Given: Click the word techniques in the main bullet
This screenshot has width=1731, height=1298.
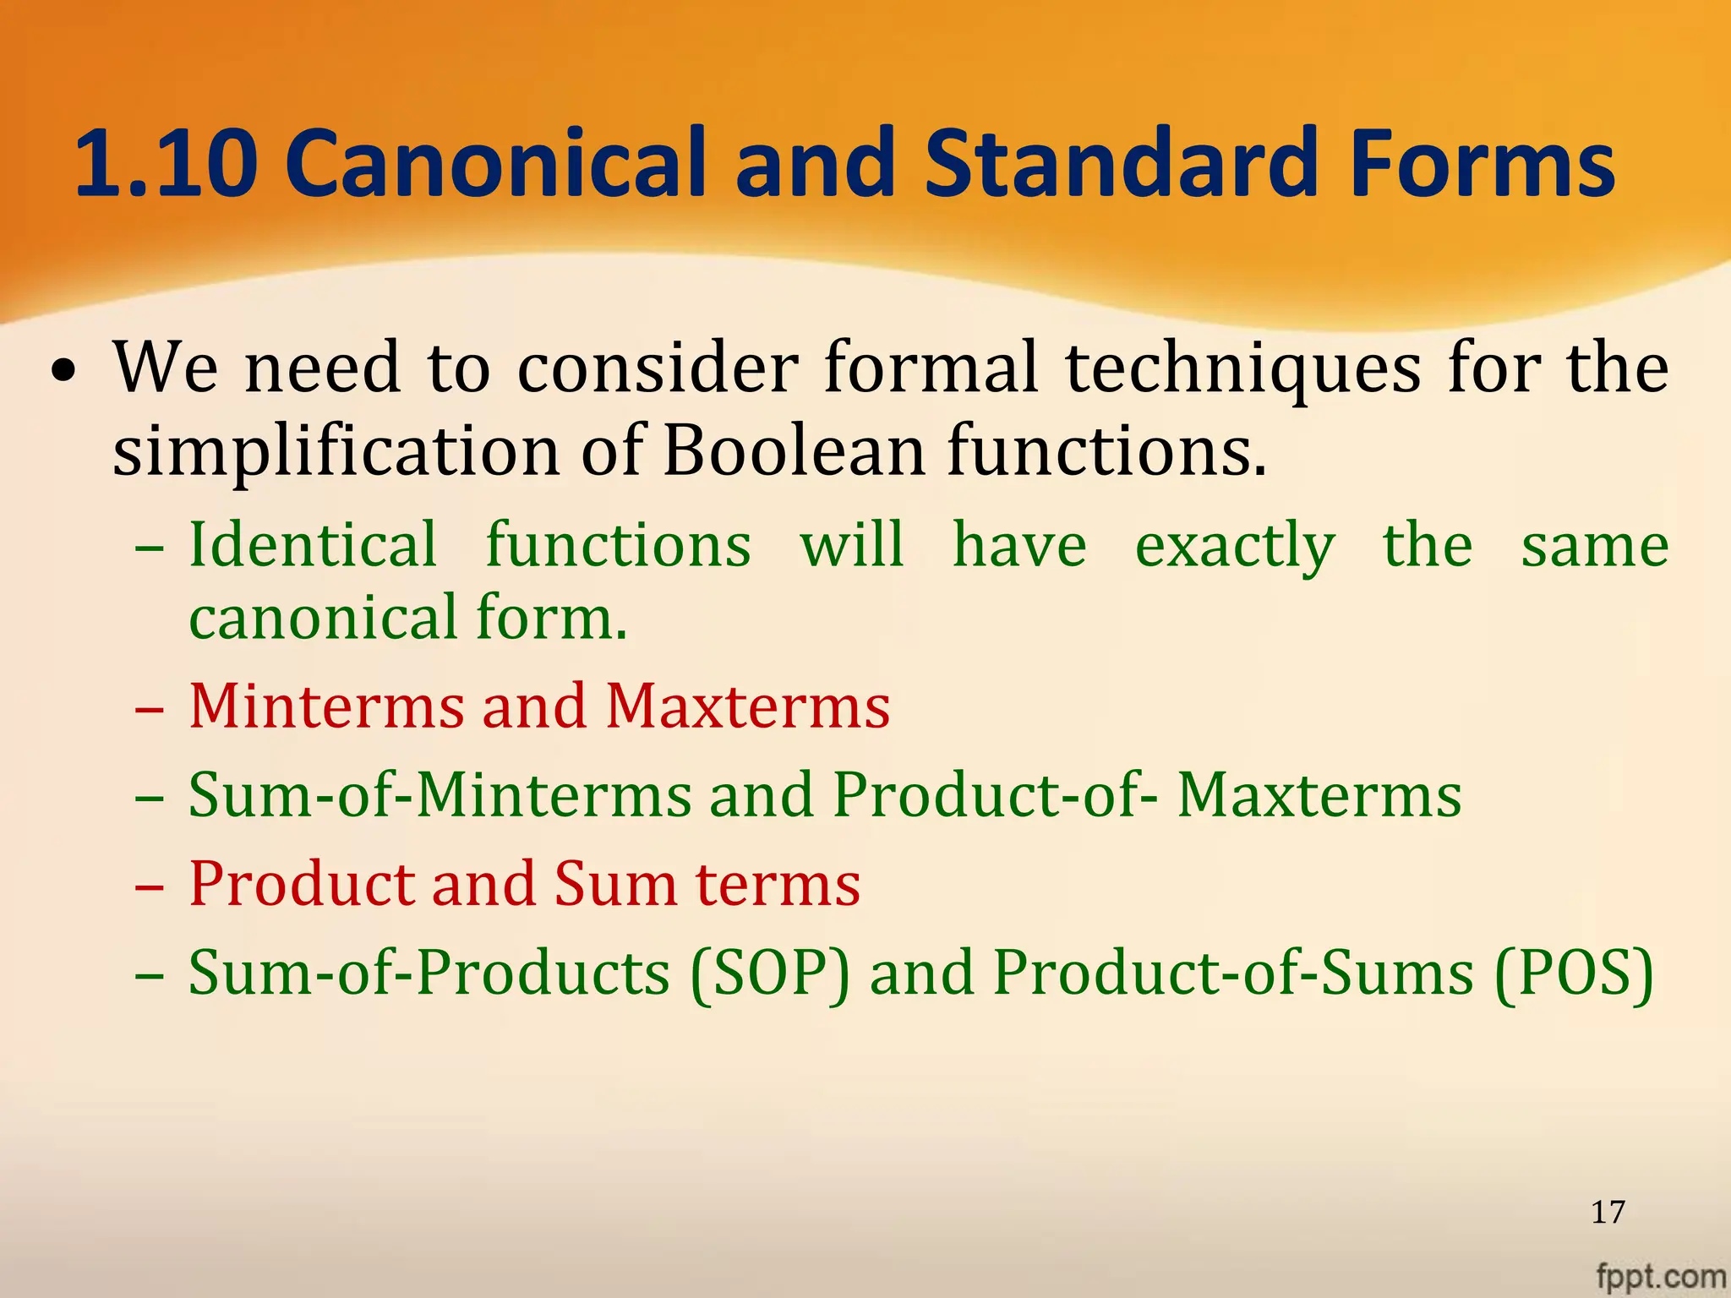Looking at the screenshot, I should click(1242, 368).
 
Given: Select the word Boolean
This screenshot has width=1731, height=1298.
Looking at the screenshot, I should click(794, 450).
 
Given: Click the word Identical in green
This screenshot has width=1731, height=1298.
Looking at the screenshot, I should click(313, 544).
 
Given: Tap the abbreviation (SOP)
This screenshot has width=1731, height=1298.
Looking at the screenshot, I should click(769, 973).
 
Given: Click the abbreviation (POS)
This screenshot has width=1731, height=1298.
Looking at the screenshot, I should click(1574, 973).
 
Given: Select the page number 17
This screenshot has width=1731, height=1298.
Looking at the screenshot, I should click(1608, 1212).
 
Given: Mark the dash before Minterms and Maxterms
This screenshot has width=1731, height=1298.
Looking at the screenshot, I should click(149, 708).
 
